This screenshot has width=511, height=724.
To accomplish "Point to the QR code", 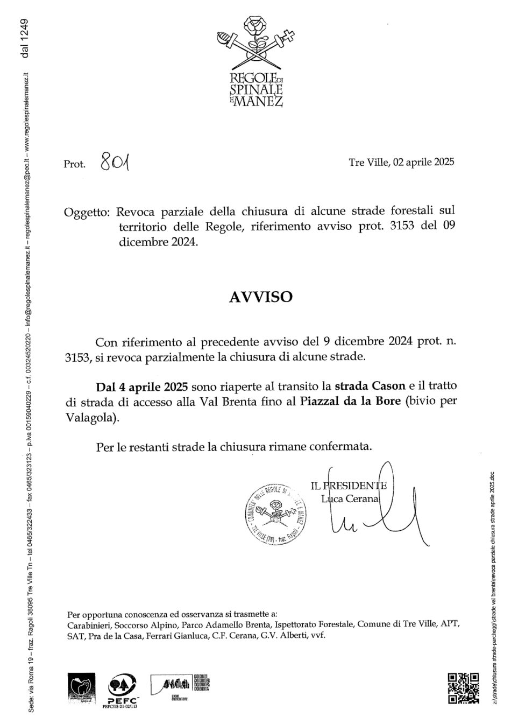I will coord(463,688).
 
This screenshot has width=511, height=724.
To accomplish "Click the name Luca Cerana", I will coord(350,498).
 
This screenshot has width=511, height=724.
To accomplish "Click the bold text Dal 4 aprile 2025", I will coord(141,386).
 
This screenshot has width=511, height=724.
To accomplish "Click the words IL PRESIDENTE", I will coord(349,486).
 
